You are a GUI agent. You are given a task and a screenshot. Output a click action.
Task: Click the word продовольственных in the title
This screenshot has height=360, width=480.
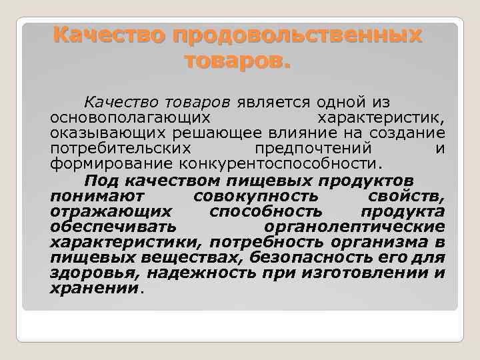298,35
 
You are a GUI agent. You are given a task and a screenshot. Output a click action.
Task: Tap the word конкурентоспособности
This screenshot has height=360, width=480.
278,164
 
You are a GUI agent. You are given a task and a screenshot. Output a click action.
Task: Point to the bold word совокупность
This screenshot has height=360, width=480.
255,197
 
